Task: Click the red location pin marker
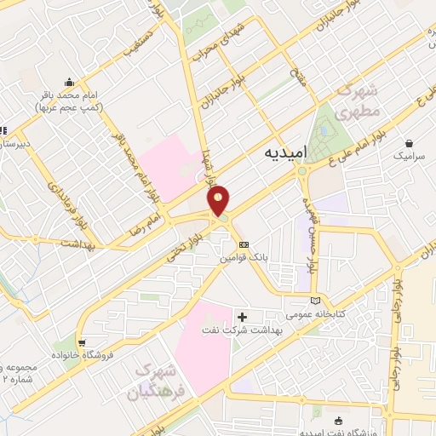click(219, 200)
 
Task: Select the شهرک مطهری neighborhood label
click(355, 100)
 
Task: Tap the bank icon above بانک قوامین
click(244, 244)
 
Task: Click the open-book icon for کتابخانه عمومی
click(318, 300)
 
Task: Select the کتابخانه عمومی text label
click(318, 313)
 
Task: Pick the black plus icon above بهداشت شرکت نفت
click(243, 318)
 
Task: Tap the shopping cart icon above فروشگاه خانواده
click(82, 342)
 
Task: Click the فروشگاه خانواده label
click(82, 354)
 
